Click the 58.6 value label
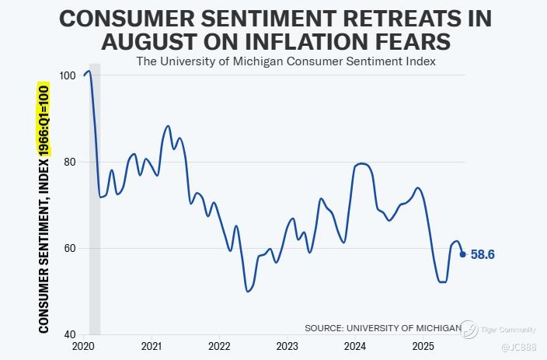[x=483, y=254]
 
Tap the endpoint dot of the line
[x=462, y=253]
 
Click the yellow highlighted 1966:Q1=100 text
[x=44, y=121]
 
